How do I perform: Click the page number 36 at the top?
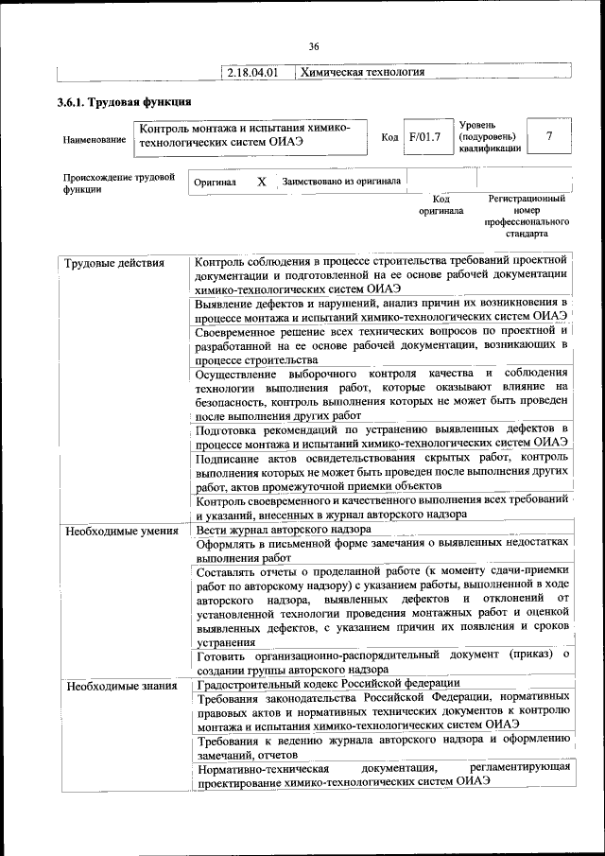314,46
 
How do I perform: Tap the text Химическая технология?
360,72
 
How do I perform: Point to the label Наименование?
94,140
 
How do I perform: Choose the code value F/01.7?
425,138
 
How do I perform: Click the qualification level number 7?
549,137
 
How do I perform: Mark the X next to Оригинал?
262,180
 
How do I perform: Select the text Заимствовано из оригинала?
340,180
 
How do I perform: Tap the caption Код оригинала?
441,204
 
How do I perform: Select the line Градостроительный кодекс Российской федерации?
328,683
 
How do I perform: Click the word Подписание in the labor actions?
232,459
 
